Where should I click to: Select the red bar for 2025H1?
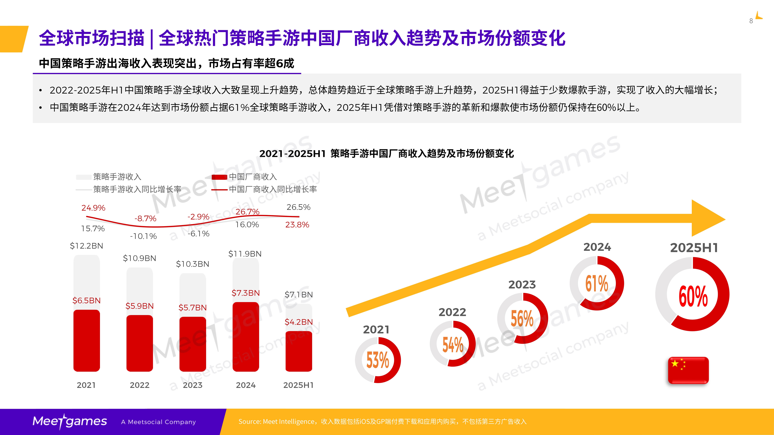tap(299, 351)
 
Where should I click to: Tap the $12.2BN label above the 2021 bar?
tap(87, 246)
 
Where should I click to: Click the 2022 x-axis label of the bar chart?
tap(139, 385)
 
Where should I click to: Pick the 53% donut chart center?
tap(378, 360)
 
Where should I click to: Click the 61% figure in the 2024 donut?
tap(597, 283)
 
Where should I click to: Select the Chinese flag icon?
tap(688, 370)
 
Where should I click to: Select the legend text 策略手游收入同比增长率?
tap(137, 189)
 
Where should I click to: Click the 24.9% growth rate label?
tap(93, 208)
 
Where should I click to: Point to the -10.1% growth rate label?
tap(143, 236)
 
